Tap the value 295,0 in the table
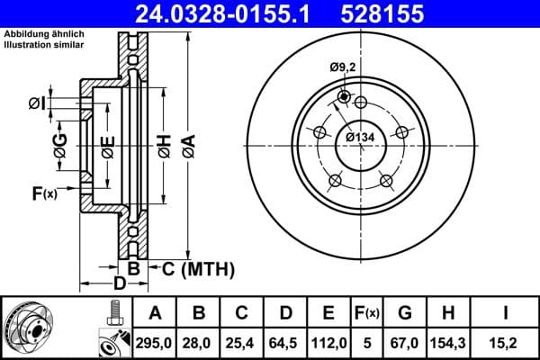pos(156,341)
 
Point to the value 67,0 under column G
pos(407,341)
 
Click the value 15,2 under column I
pos(507,341)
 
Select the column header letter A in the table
pos(156,312)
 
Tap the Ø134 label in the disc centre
pos(360,137)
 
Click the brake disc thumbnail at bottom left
pos(27,327)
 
